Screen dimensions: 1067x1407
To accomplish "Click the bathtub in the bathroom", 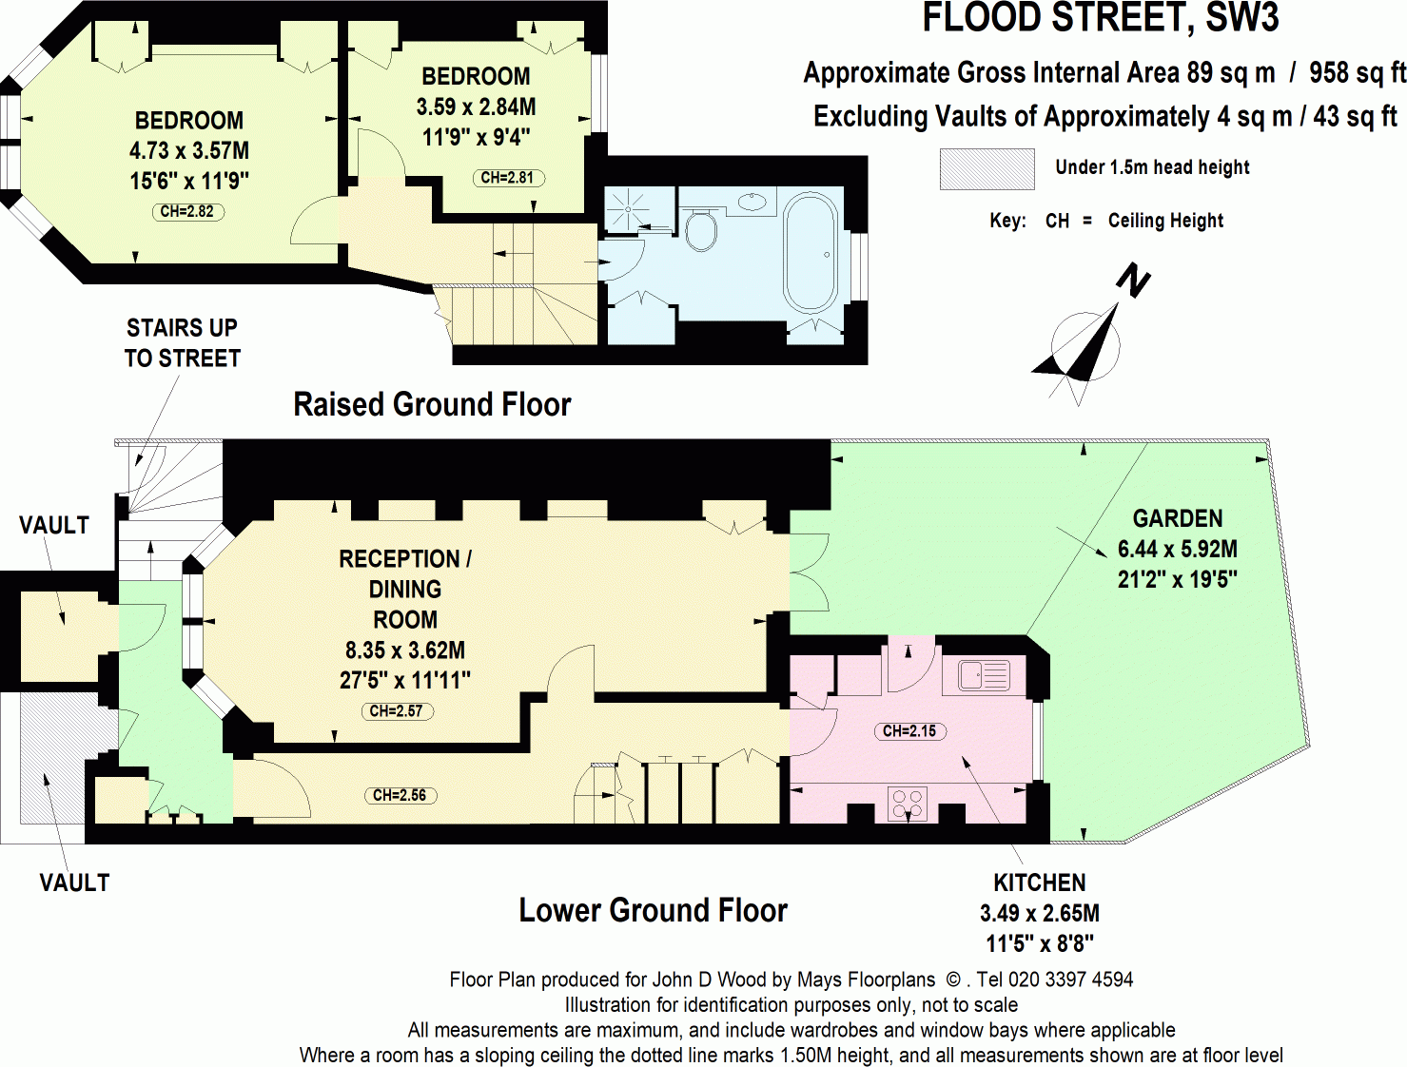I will [x=809, y=255].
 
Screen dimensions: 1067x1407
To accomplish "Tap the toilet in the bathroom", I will [x=701, y=229].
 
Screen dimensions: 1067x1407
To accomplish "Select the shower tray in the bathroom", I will [x=628, y=209].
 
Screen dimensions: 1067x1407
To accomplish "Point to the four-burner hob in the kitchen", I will [x=908, y=805].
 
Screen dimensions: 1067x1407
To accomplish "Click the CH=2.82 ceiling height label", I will [x=187, y=211].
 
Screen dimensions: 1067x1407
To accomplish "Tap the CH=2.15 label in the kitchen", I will [x=909, y=730].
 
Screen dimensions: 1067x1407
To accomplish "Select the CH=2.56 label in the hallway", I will [x=400, y=795].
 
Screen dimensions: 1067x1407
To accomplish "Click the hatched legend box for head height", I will [x=987, y=169].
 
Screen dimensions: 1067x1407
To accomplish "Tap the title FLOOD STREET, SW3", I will [x=1100, y=19].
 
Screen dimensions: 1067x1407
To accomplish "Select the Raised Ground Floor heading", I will [x=431, y=404].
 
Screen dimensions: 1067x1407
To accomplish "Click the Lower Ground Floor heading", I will [x=653, y=910].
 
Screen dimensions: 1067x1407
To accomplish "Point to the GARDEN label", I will [x=1177, y=518].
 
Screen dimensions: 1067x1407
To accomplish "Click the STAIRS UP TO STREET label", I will [x=182, y=343].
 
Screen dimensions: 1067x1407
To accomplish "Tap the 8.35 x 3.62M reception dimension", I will [x=404, y=650].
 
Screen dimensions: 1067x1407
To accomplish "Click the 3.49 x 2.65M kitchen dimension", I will [x=1039, y=913].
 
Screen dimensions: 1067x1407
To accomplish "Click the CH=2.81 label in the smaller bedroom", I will [x=508, y=178].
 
